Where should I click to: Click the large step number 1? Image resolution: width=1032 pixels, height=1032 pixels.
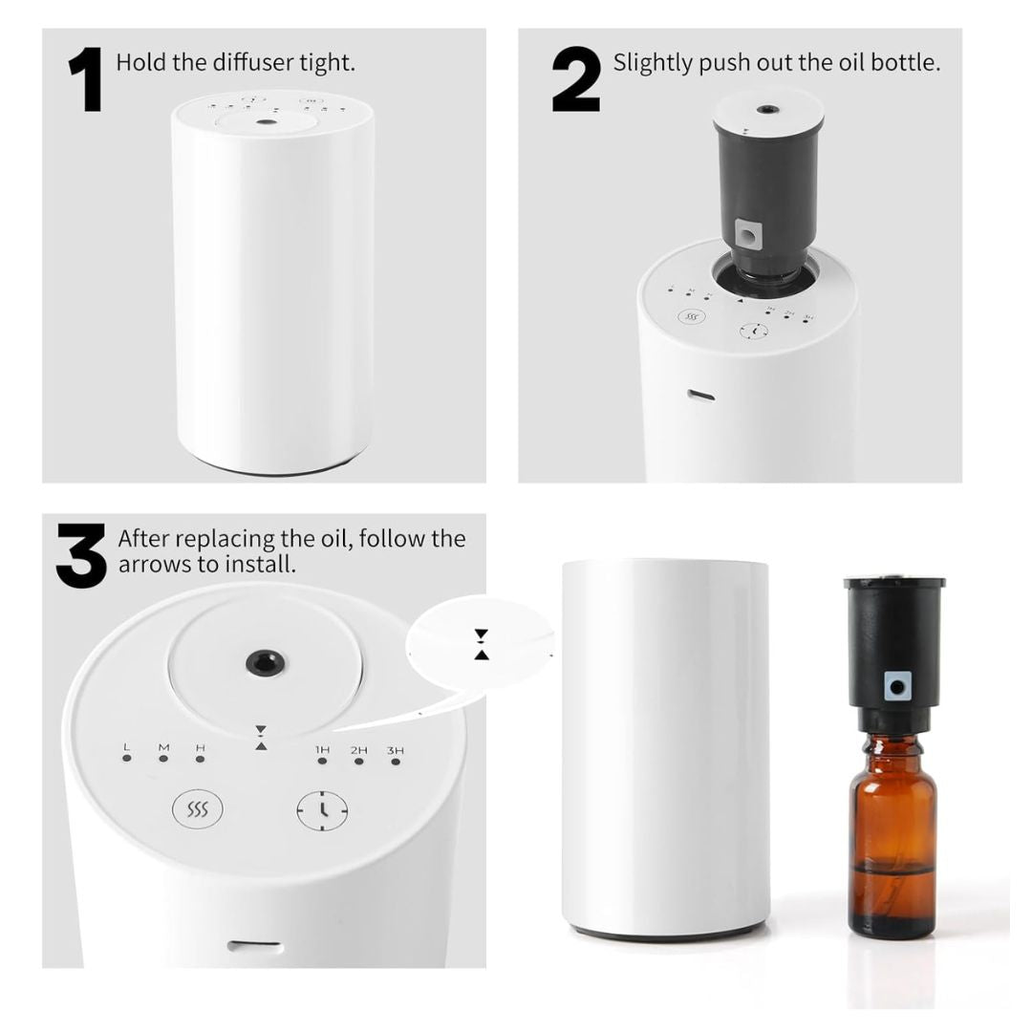pos(87,81)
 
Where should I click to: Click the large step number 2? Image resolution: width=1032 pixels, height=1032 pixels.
pos(576,81)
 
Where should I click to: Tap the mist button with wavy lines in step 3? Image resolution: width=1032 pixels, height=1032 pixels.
pos(197,810)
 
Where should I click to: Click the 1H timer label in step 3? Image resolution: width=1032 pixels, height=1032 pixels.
pos(322,750)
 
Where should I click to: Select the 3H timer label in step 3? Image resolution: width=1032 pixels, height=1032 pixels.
pos(395,750)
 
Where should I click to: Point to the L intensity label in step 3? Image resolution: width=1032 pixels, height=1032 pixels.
pos(126,747)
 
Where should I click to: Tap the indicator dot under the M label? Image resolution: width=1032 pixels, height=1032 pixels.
pos(163,759)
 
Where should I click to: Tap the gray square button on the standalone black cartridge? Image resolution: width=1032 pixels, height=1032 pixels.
pos(896,684)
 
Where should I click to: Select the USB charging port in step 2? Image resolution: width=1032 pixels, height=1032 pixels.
pos(701,395)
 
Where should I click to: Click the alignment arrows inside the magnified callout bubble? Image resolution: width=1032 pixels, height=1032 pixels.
pos(481,644)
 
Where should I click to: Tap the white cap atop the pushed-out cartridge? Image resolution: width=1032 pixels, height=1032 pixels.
pos(766,111)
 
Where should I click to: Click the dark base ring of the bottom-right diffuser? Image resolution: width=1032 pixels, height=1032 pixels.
pos(665,930)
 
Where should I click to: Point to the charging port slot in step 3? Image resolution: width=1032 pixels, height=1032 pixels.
pos(254,947)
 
